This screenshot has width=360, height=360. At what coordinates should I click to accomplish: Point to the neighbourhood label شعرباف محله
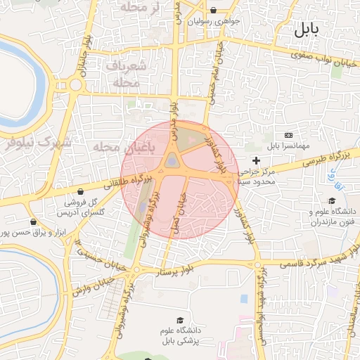pos(127,73)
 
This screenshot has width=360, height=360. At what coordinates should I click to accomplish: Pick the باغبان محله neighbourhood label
pos(115,147)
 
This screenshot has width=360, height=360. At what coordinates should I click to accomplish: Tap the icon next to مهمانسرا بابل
pos(288,134)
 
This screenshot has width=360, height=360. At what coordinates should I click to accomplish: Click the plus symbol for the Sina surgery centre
pos(256,161)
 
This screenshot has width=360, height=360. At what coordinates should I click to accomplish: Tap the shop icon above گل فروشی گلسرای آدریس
pos(80,191)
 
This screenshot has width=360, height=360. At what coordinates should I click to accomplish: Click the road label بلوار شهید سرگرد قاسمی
pos(318,263)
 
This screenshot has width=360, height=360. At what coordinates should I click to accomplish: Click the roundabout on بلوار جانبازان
pos(75,85)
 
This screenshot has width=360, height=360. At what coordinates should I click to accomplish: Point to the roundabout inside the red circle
pos(172,164)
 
